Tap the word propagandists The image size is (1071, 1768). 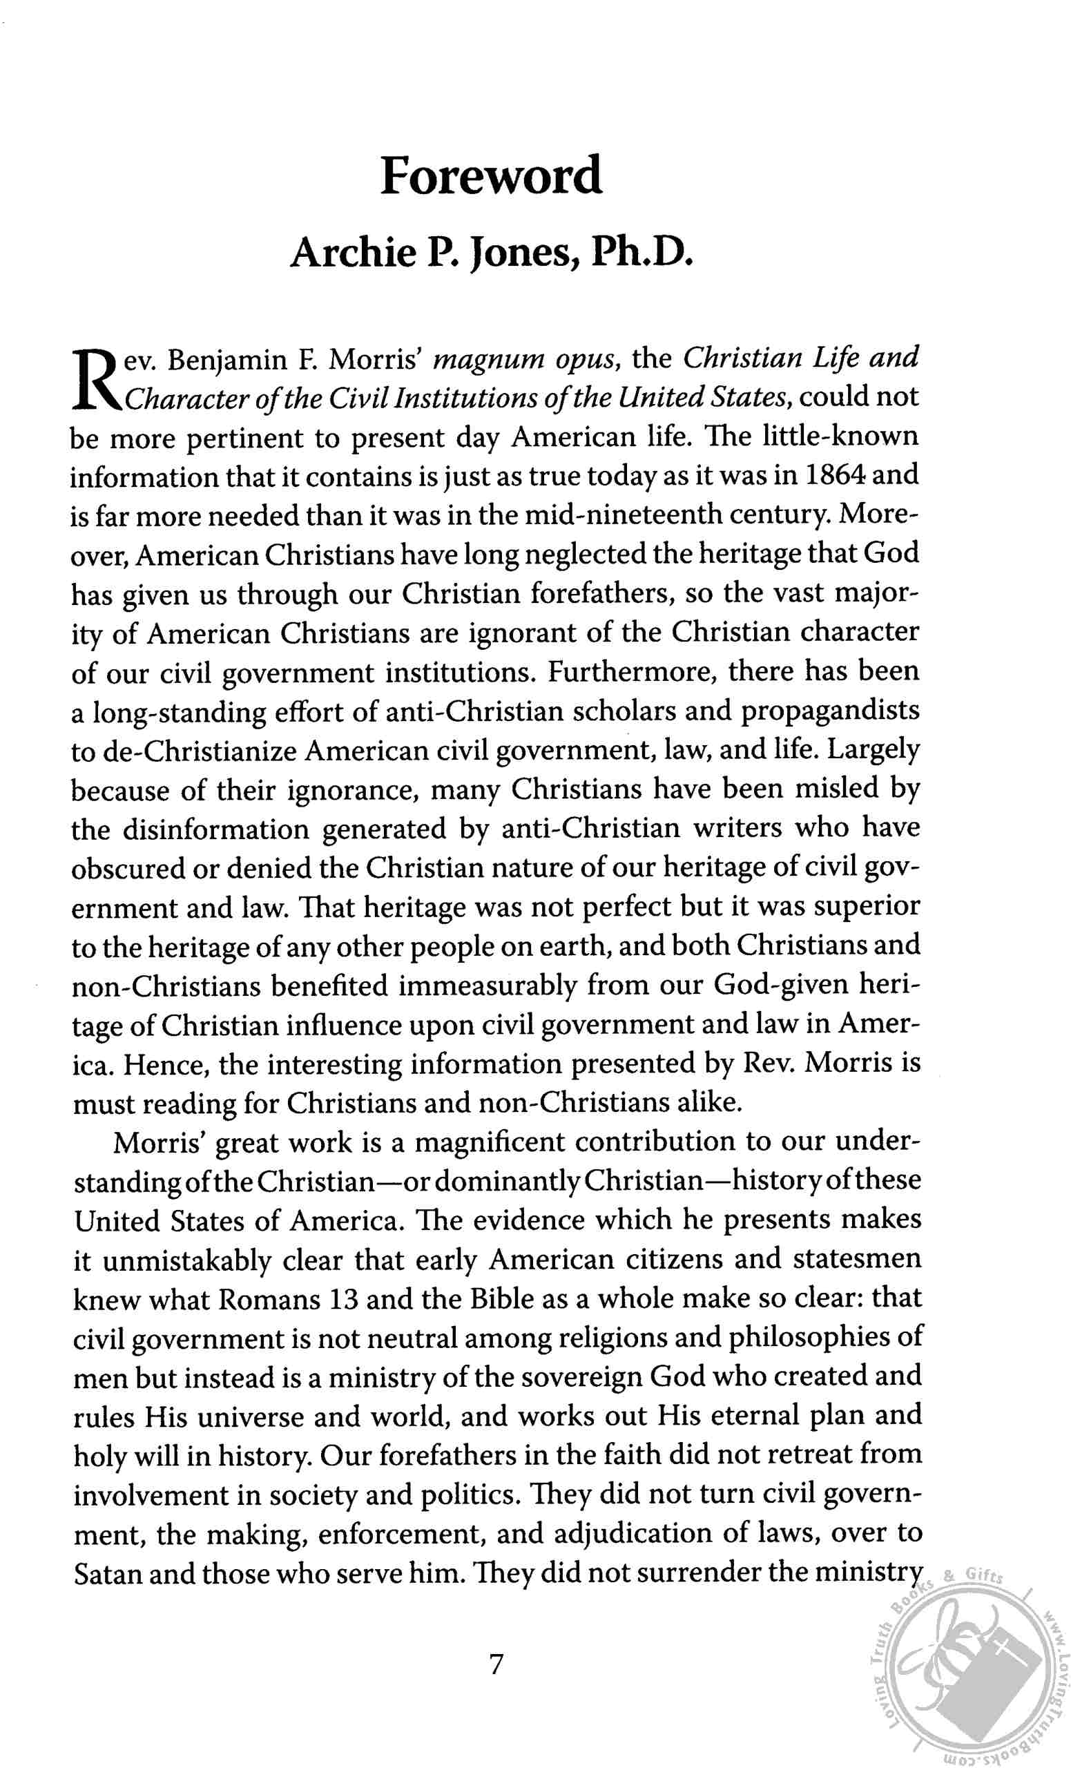[829, 711]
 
